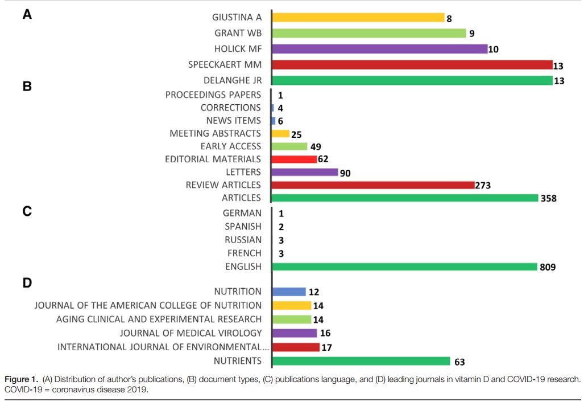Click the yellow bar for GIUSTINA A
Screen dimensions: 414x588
tap(358, 18)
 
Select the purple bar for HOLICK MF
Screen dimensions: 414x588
tap(380, 49)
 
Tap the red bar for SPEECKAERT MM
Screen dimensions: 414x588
tap(412, 65)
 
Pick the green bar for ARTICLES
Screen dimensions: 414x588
tap(405, 198)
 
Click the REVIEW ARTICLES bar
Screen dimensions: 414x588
tap(373, 185)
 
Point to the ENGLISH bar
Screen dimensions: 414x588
tap(404, 267)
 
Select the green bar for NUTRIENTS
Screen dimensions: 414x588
tap(361, 361)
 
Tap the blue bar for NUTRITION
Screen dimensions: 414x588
tap(289, 292)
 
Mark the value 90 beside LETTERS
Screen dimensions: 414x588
tap(345, 173)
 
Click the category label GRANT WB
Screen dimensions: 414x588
tap(238, 33)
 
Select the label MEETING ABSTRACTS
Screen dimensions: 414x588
tap(216, 133)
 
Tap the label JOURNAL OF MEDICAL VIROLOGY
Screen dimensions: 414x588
tap(191, 333)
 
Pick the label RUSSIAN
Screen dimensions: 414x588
tap(243, 240)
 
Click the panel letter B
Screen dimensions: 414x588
tap(27, 88)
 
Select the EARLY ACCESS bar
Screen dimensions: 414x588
tap(289, 146)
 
